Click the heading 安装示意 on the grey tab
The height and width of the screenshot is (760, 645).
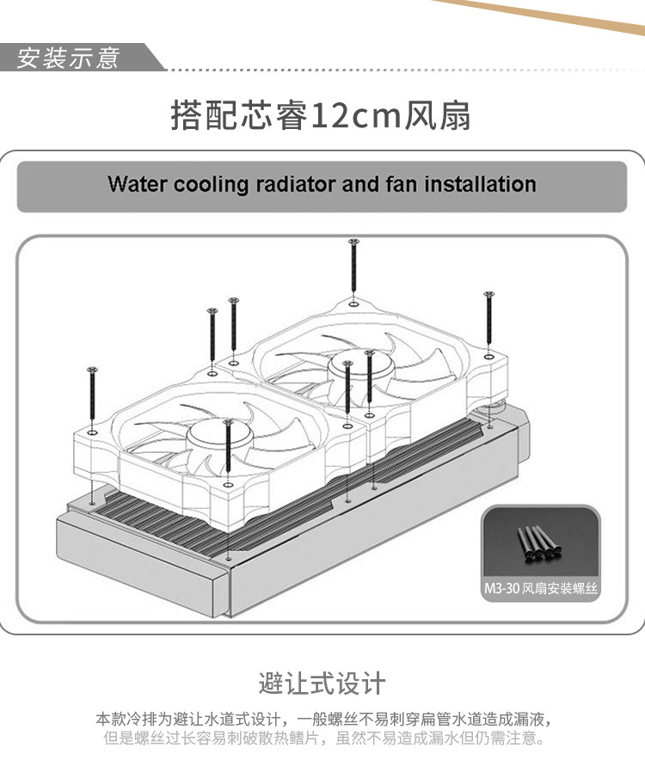click(x=69, y=59)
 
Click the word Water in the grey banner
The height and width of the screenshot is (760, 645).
click(x=137, y=184)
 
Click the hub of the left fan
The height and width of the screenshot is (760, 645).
click(x=210, y=430)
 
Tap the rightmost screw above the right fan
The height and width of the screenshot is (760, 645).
click(x=488, y=322)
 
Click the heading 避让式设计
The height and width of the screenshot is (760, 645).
click(x=322, y=683)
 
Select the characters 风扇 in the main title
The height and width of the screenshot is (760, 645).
click(x=439, y=115)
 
